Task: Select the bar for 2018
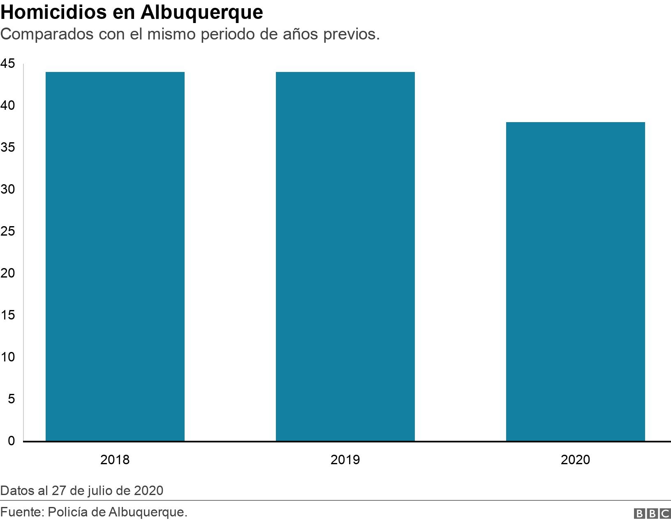(115, 256)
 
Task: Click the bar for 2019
(345, 256)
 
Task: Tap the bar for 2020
(575, 282)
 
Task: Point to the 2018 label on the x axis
(115, 459)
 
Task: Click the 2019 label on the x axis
(345, 459)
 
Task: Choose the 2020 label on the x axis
(575, 459)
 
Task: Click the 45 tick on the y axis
(7, 64)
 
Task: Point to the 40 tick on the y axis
(7, 106)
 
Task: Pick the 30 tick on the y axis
(7, 190)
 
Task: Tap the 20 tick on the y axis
(7, 273)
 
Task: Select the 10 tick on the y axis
(7, 357)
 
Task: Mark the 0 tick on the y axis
(11, 441)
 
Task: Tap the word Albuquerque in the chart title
(201, 12)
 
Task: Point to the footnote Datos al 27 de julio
(82, 491)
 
